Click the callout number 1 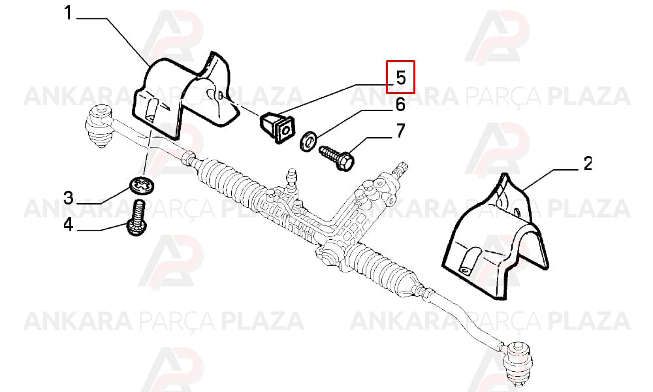68,13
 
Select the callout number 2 588,163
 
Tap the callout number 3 69,198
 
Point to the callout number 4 69,225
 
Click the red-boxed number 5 400,77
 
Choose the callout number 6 400,105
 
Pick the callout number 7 400,131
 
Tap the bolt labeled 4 136,218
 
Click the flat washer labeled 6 308,141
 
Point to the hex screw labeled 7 336,157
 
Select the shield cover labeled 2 496,237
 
